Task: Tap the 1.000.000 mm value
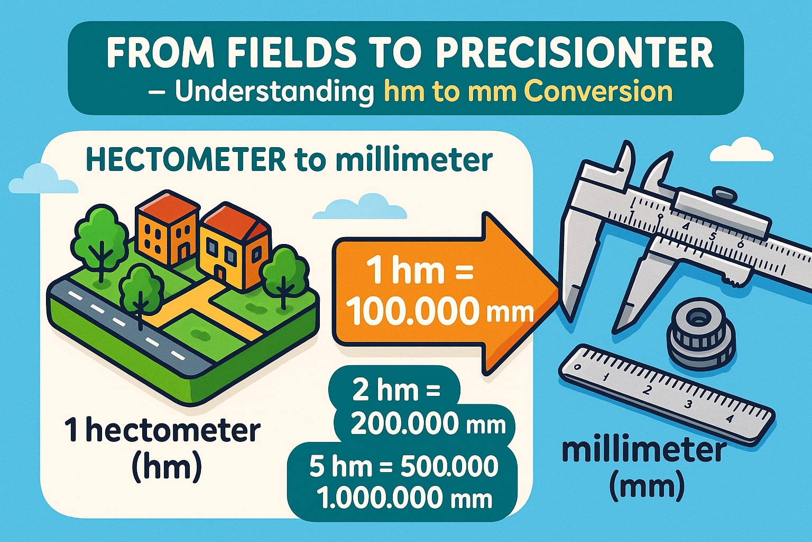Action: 404,499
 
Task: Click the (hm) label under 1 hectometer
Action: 165,465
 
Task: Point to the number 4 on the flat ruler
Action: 730,419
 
